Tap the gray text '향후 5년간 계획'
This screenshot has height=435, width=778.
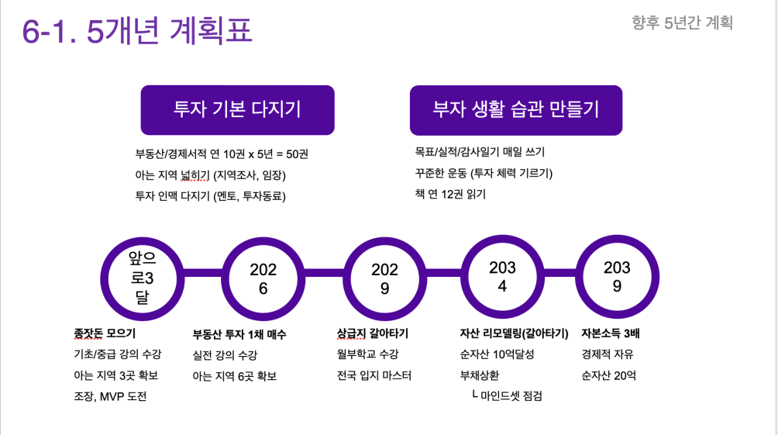tap(682, 22)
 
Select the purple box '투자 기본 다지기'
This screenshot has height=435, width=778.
tap(237, 109)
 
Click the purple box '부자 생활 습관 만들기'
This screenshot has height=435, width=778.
tap(516, 109)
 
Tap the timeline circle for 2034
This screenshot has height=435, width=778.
tap(502, 276)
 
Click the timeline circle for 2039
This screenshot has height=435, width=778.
tap(617, 276)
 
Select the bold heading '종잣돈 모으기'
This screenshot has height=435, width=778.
tap(105, 333)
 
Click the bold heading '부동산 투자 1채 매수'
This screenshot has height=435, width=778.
tap(239, 335)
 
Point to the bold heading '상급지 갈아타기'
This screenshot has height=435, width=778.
tap(373, 333)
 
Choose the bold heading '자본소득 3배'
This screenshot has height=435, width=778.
tap(615, 333)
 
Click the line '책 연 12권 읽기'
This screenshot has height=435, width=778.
tap(450, 194)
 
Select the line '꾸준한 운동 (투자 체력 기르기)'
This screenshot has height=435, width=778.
tap(484, 173)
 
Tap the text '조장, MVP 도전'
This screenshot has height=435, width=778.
tap(110, 396)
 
